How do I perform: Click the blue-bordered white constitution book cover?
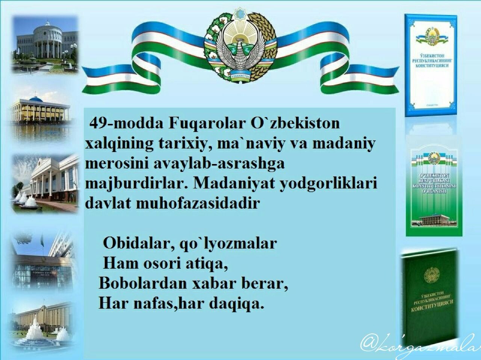430,64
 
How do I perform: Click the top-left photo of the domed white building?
45,43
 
